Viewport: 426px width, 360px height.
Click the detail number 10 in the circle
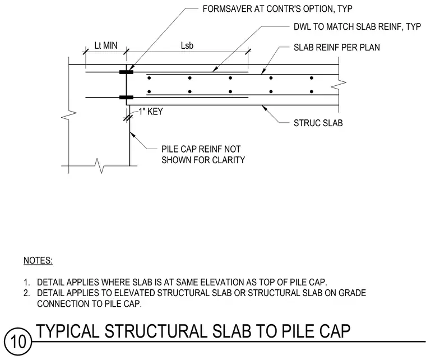(18, 341)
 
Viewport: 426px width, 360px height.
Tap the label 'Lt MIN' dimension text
(106, 45)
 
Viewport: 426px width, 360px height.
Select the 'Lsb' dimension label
(187, 45)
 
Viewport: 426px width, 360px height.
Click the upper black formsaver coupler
(126, 72)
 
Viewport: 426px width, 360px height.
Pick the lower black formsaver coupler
(126, 97)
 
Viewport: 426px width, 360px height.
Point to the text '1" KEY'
(151, 112)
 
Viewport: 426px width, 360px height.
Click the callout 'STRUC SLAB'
(318, 123)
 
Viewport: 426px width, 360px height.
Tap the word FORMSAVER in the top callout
(227, 9)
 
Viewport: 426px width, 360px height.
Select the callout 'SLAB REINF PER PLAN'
(337, 48)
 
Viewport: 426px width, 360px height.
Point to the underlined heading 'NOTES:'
(38, 260)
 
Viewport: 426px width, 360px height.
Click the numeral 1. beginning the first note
(27, 282)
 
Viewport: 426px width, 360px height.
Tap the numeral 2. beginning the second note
(27, 293)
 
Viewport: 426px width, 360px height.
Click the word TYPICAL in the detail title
(67, 331)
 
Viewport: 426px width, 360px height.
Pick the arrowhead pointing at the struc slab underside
(264, 108)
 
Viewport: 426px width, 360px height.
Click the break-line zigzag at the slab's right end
(339, 84)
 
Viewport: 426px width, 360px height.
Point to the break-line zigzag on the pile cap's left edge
(68, 115)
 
